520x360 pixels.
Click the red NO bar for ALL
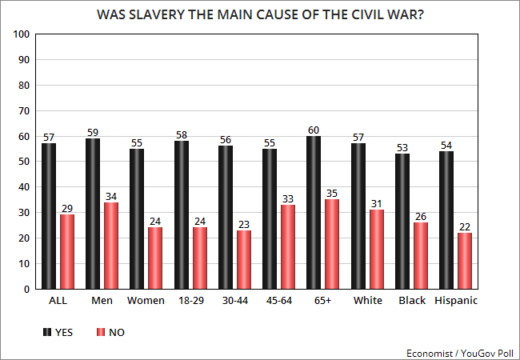point(68,251)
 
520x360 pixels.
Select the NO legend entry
point(110,332)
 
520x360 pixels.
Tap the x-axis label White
point(367,301)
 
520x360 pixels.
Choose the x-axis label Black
point(411,301)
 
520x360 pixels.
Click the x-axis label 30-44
point(235,301)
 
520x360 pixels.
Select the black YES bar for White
point(358,216)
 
